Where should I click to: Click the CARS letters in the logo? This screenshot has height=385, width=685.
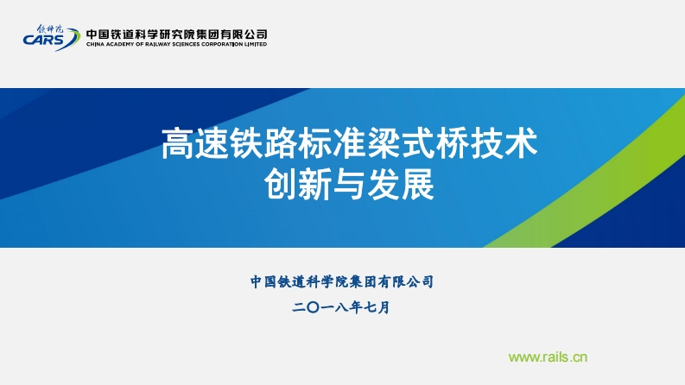42,39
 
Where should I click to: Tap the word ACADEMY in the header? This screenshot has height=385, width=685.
122,43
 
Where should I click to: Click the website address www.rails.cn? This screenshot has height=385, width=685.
548,356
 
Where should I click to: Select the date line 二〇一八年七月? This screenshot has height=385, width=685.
342,306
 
